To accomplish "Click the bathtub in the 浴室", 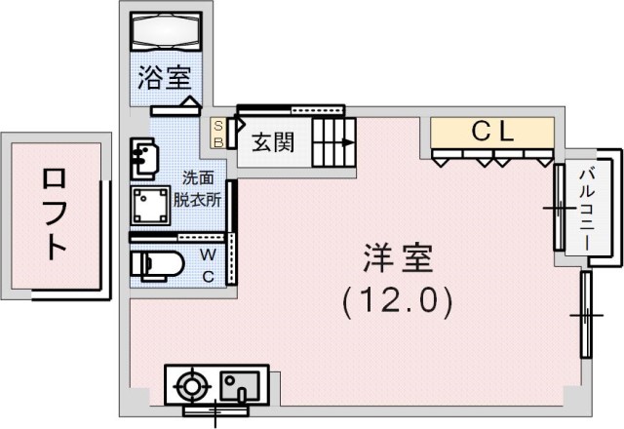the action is point(166,31).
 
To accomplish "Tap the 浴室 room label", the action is point(165,77).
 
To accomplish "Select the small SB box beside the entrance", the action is point(218,134).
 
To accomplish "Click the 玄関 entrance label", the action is point(273,142).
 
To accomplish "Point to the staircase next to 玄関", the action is point(333,142).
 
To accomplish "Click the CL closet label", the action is point(492,132).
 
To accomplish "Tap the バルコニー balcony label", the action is point(587,211).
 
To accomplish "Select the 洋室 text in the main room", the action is point(398,258).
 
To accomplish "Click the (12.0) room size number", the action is point(398,301).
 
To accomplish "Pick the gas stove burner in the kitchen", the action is point(192,386).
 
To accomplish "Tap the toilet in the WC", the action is point(158,263).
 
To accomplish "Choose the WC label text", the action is point(208,264).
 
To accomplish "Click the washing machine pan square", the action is point(150,206).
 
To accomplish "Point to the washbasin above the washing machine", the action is point(143,159).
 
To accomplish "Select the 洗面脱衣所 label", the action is point(198,189).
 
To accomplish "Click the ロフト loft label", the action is point(55,214).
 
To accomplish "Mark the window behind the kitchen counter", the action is point(216,410).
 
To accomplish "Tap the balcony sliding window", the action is point(559,208).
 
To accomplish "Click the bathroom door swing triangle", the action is point(191,101).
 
